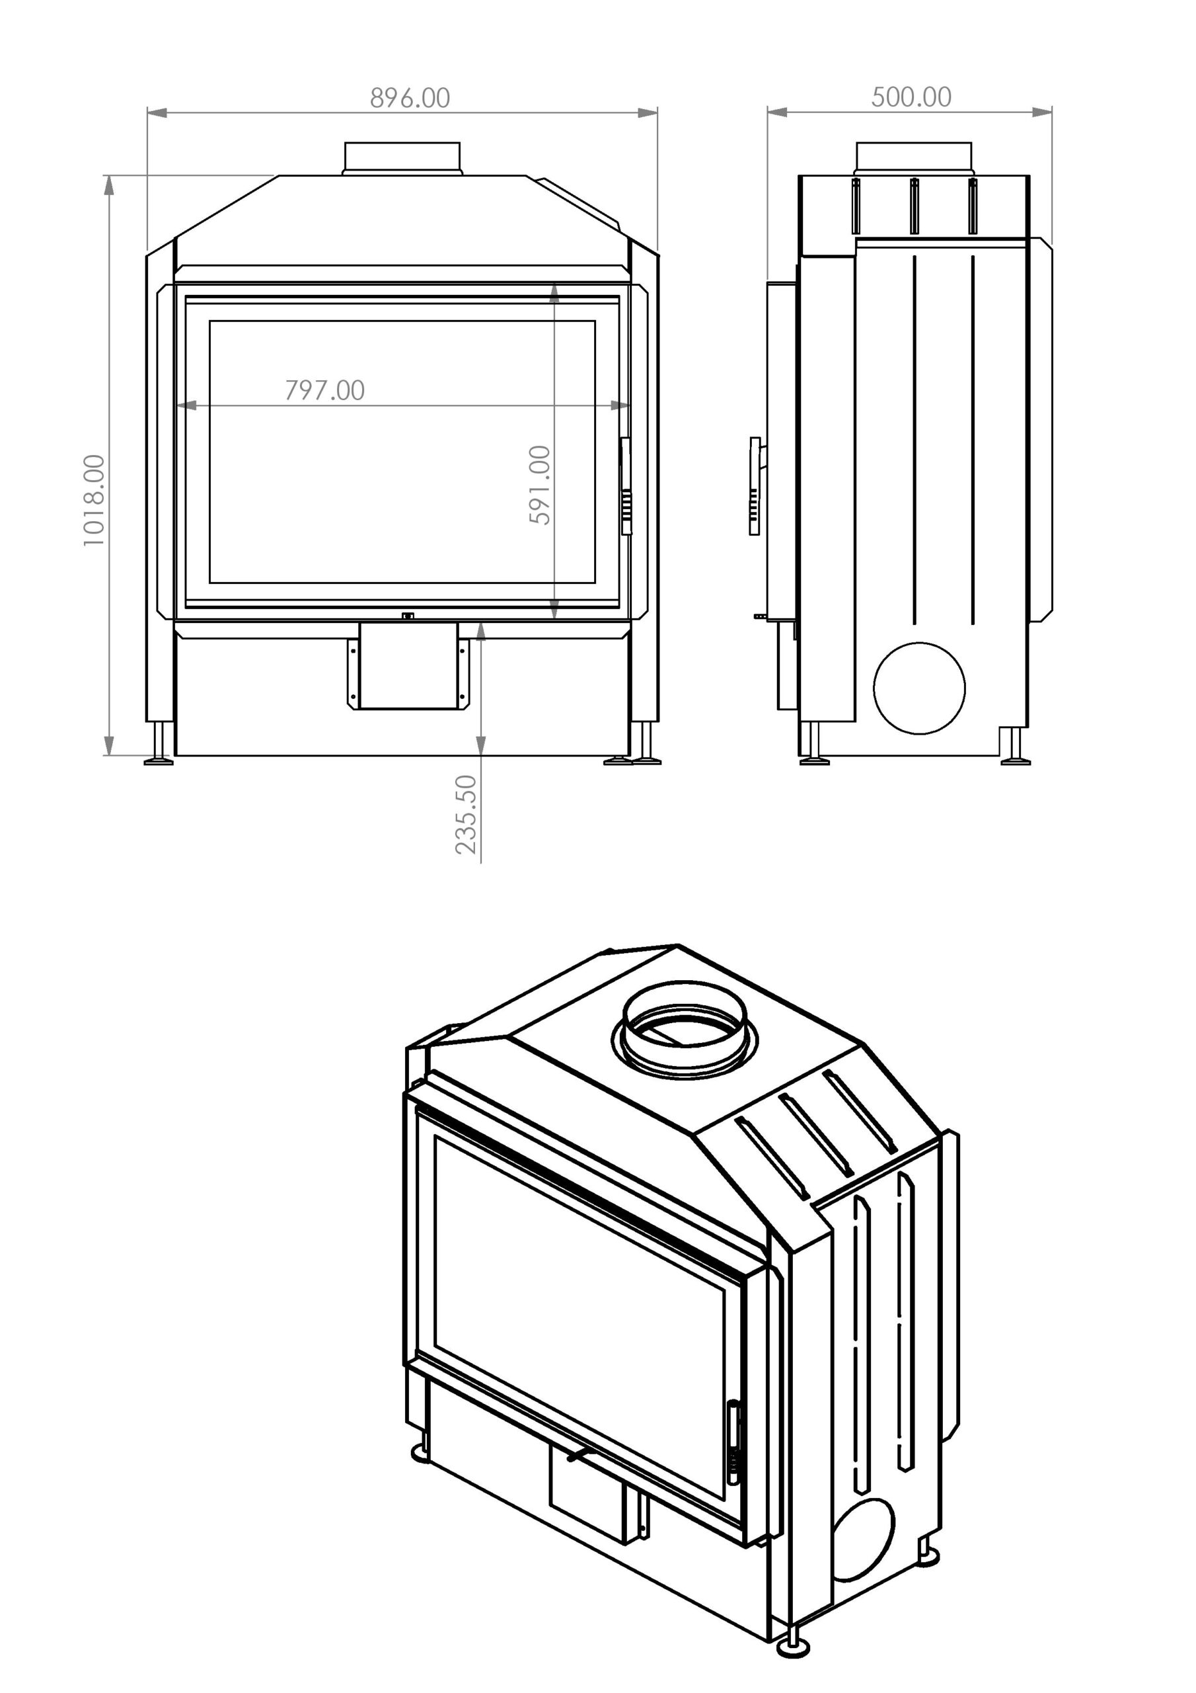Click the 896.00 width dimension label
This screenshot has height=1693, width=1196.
point(410,98)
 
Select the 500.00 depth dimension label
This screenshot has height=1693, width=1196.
point(912,97)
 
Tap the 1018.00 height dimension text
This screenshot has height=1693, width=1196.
point(94,501)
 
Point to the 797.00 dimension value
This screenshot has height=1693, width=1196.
point(325,390)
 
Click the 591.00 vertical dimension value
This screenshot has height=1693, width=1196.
point(540,485)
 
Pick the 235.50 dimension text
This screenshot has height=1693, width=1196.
point(467,815)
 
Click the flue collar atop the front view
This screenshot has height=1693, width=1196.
point(402,158)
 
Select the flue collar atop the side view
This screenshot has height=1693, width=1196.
point(914,159)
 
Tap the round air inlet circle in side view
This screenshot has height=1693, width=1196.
point(919,688)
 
